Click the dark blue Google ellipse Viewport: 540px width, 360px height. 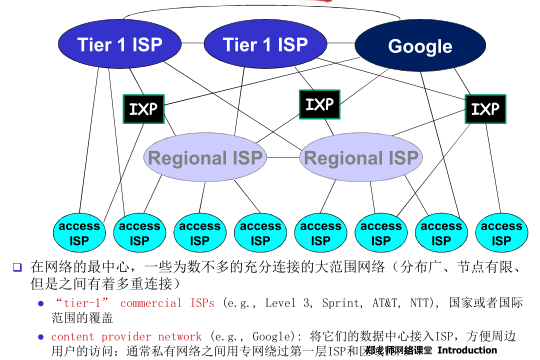pyautogui.click(x=419, y=45)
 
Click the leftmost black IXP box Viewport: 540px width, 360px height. pyautogui.click(x=141, y=108)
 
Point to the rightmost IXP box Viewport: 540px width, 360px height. pyautogui.click(x=485, y=108)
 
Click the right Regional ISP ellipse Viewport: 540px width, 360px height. pyautogui.click(x=360, y=157)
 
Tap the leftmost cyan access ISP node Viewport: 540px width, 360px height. pyautogui.click(x=78, y=233)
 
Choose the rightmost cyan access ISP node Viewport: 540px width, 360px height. pyautogui.click(x=501, y=233)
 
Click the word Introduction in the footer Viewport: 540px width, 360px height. pyautogui.click(x=467, y=351)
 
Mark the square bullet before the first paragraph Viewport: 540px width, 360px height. pyautogui.click(x=16, y=268)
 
